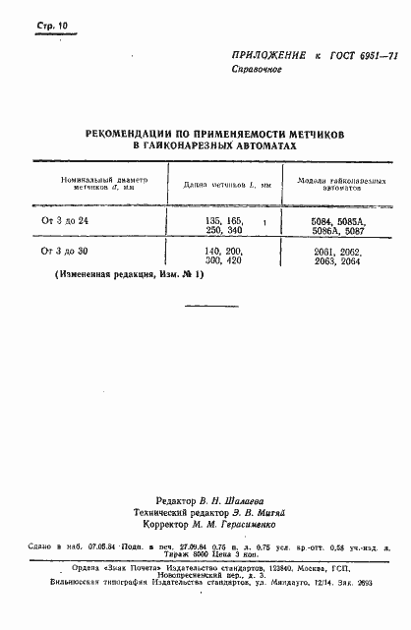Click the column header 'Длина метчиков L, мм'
pyautogui.click(x=219, y=185)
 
